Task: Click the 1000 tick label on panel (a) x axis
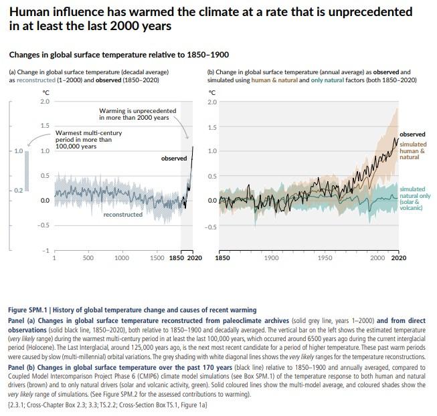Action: click(x=122, y=258)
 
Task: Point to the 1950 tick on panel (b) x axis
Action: click(x=325, y=258)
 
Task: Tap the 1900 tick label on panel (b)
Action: click(x=272, y=258)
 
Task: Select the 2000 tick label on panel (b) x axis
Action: click(x=377, y=258)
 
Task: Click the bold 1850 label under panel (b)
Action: click(x=222, y=258)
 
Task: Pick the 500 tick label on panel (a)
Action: click(x=88, y=258)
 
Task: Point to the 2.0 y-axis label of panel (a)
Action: click(x=45, y=102)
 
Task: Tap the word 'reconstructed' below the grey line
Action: click(x=123, y=215)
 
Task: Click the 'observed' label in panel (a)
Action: click(x=174, y=159)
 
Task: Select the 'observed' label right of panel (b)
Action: click(x=412, y=134)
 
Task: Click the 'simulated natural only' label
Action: click(x=415, y=199)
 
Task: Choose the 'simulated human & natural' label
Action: click(x=413, y=150)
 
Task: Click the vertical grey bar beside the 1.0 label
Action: click(x=27, y=171)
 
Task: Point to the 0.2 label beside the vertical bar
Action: click(x=18, y=191)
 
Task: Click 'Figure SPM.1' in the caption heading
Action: click(x=27, y=310)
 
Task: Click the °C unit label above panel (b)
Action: click(x=212, y=93)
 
